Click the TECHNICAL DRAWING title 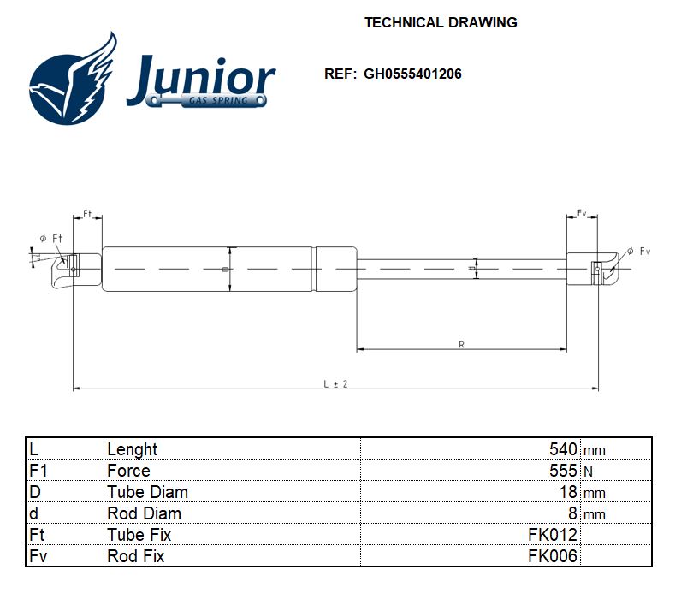pos(441,22)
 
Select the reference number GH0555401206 pos(412,74)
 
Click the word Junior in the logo pos(201,78)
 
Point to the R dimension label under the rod pos(461,344)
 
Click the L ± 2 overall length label pos(335,384)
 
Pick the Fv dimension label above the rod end pos(582,212)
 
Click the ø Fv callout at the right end pos(638,251)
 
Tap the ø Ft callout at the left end pos(50,238)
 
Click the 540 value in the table pos(563,449)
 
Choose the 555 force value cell pos(563,471)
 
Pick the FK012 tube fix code pos(553,535)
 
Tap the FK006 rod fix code pos(553,556)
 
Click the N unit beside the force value pos(588,471)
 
